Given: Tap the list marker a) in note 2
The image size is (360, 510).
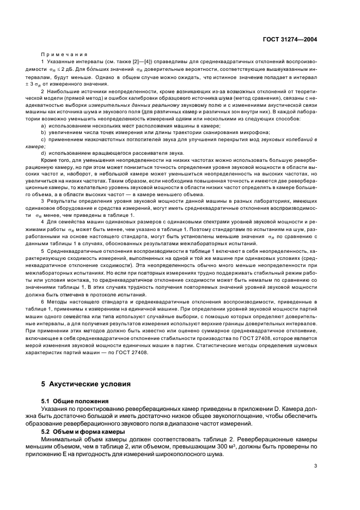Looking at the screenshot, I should pos(43,125).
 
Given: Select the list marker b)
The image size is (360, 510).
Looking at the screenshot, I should pos(43,132).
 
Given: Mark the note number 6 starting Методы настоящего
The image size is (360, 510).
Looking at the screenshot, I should pos(42,302).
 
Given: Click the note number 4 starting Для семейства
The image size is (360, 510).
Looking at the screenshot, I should pos(42,224).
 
